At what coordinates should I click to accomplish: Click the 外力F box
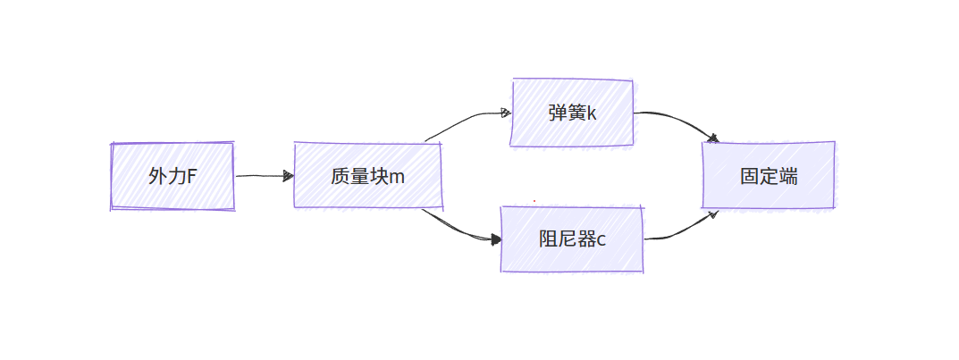click(x=172, y=176)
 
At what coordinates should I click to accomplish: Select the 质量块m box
click(x=367, y=176)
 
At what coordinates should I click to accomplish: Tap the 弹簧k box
click(x=572, y=113)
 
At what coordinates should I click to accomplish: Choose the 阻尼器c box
click(x=572, y=239)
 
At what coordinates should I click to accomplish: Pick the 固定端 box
click(x=769, y=176)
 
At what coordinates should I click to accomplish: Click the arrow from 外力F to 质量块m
click(x=264, y=176)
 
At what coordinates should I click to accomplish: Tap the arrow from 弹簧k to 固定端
click(x=679, y=121)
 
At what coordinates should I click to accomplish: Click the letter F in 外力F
click(x=191, y=176)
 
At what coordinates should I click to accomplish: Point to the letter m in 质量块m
click(x=396, y=177)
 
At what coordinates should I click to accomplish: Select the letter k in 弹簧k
click(x=591, y=113)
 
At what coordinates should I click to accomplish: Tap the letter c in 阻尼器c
click(x=601, y=239)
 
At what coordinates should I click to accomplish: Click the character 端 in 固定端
click(x=788, y=176)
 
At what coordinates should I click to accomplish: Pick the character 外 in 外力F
click(x=157, y=176)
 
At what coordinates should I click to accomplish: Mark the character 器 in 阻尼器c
click(x=585, y=239)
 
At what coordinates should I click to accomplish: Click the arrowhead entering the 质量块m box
click(x=289, y=176)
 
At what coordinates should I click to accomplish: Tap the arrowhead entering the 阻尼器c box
click(x=495, y=239)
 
